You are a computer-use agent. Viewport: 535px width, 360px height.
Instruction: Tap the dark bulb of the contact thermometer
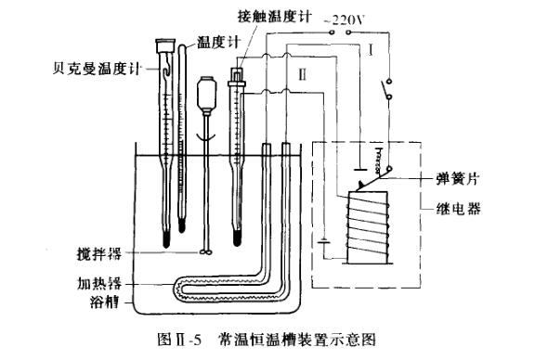click(237, 237)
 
